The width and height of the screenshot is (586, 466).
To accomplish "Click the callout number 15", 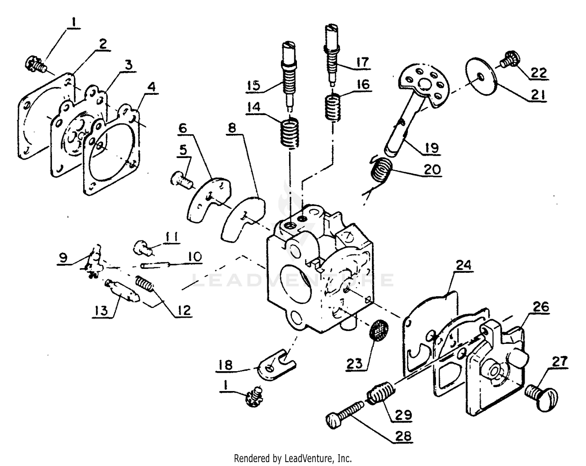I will [x=254, y=85].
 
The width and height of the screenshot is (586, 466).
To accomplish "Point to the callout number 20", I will [x=431, y=169].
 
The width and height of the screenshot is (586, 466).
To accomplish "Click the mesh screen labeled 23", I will [x=378, y=330].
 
